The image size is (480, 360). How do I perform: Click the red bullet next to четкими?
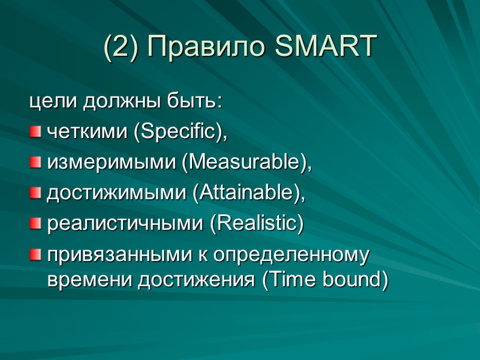pyautogui.click(x=36, y=131)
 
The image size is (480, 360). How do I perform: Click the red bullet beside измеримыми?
pyautogui.click(x=36, y=162)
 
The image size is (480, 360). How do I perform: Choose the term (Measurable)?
pyautogui.click(x=247, y=163)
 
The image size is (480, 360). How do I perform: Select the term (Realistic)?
pyautogui.click(x=256, y=224)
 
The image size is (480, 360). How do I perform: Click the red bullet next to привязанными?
pyautogui.click(x=36, y=255)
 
